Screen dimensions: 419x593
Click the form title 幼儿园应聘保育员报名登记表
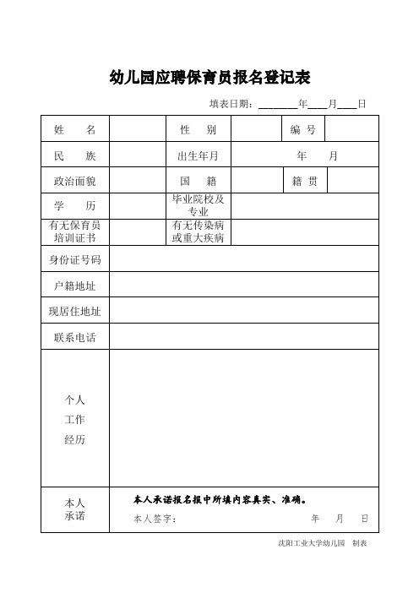(210, 78)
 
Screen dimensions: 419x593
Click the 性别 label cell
(199, 130)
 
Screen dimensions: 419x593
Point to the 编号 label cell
(302, 130)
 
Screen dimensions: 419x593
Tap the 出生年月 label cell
(199, 156)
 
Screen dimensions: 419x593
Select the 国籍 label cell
(199, 182)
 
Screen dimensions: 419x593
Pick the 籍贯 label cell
(304, 182)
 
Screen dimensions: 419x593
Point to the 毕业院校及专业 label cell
(199, 205)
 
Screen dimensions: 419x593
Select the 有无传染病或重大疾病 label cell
(199, 232)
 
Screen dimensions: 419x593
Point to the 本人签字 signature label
(155, 519)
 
